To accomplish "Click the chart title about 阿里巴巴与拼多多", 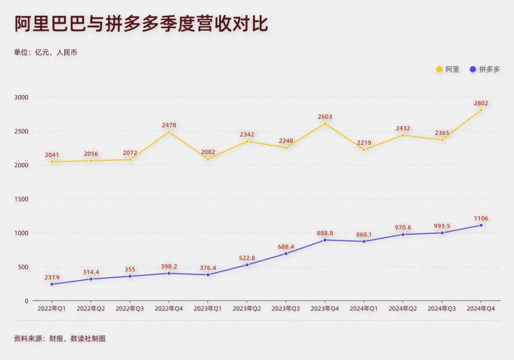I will (x=141, y=24).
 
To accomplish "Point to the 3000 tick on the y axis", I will (x=22, y=97).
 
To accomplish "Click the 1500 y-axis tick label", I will (x=22, y=199).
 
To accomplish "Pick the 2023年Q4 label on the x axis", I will (x=325, y=309).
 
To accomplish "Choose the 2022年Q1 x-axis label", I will (x=52, y=309).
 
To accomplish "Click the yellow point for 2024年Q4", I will (x=481, y=110).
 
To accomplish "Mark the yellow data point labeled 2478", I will (x=169, y=132).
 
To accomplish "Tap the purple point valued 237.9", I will (x=52, y=284).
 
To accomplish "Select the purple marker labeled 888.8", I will (x=325, y=240).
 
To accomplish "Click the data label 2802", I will (x=481, y=103).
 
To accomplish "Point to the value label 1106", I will (x=481, y=219).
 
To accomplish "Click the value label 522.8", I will (x=247, y=258).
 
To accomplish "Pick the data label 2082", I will (x=208, y=152).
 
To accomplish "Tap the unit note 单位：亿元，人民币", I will (x=46, y=52).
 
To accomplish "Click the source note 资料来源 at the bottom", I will (x=59, y=339).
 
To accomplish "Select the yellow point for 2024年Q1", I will (x=364, y=150).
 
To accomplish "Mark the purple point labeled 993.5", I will (x=442, y=233).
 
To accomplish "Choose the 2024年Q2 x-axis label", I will (x=403, y=309).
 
